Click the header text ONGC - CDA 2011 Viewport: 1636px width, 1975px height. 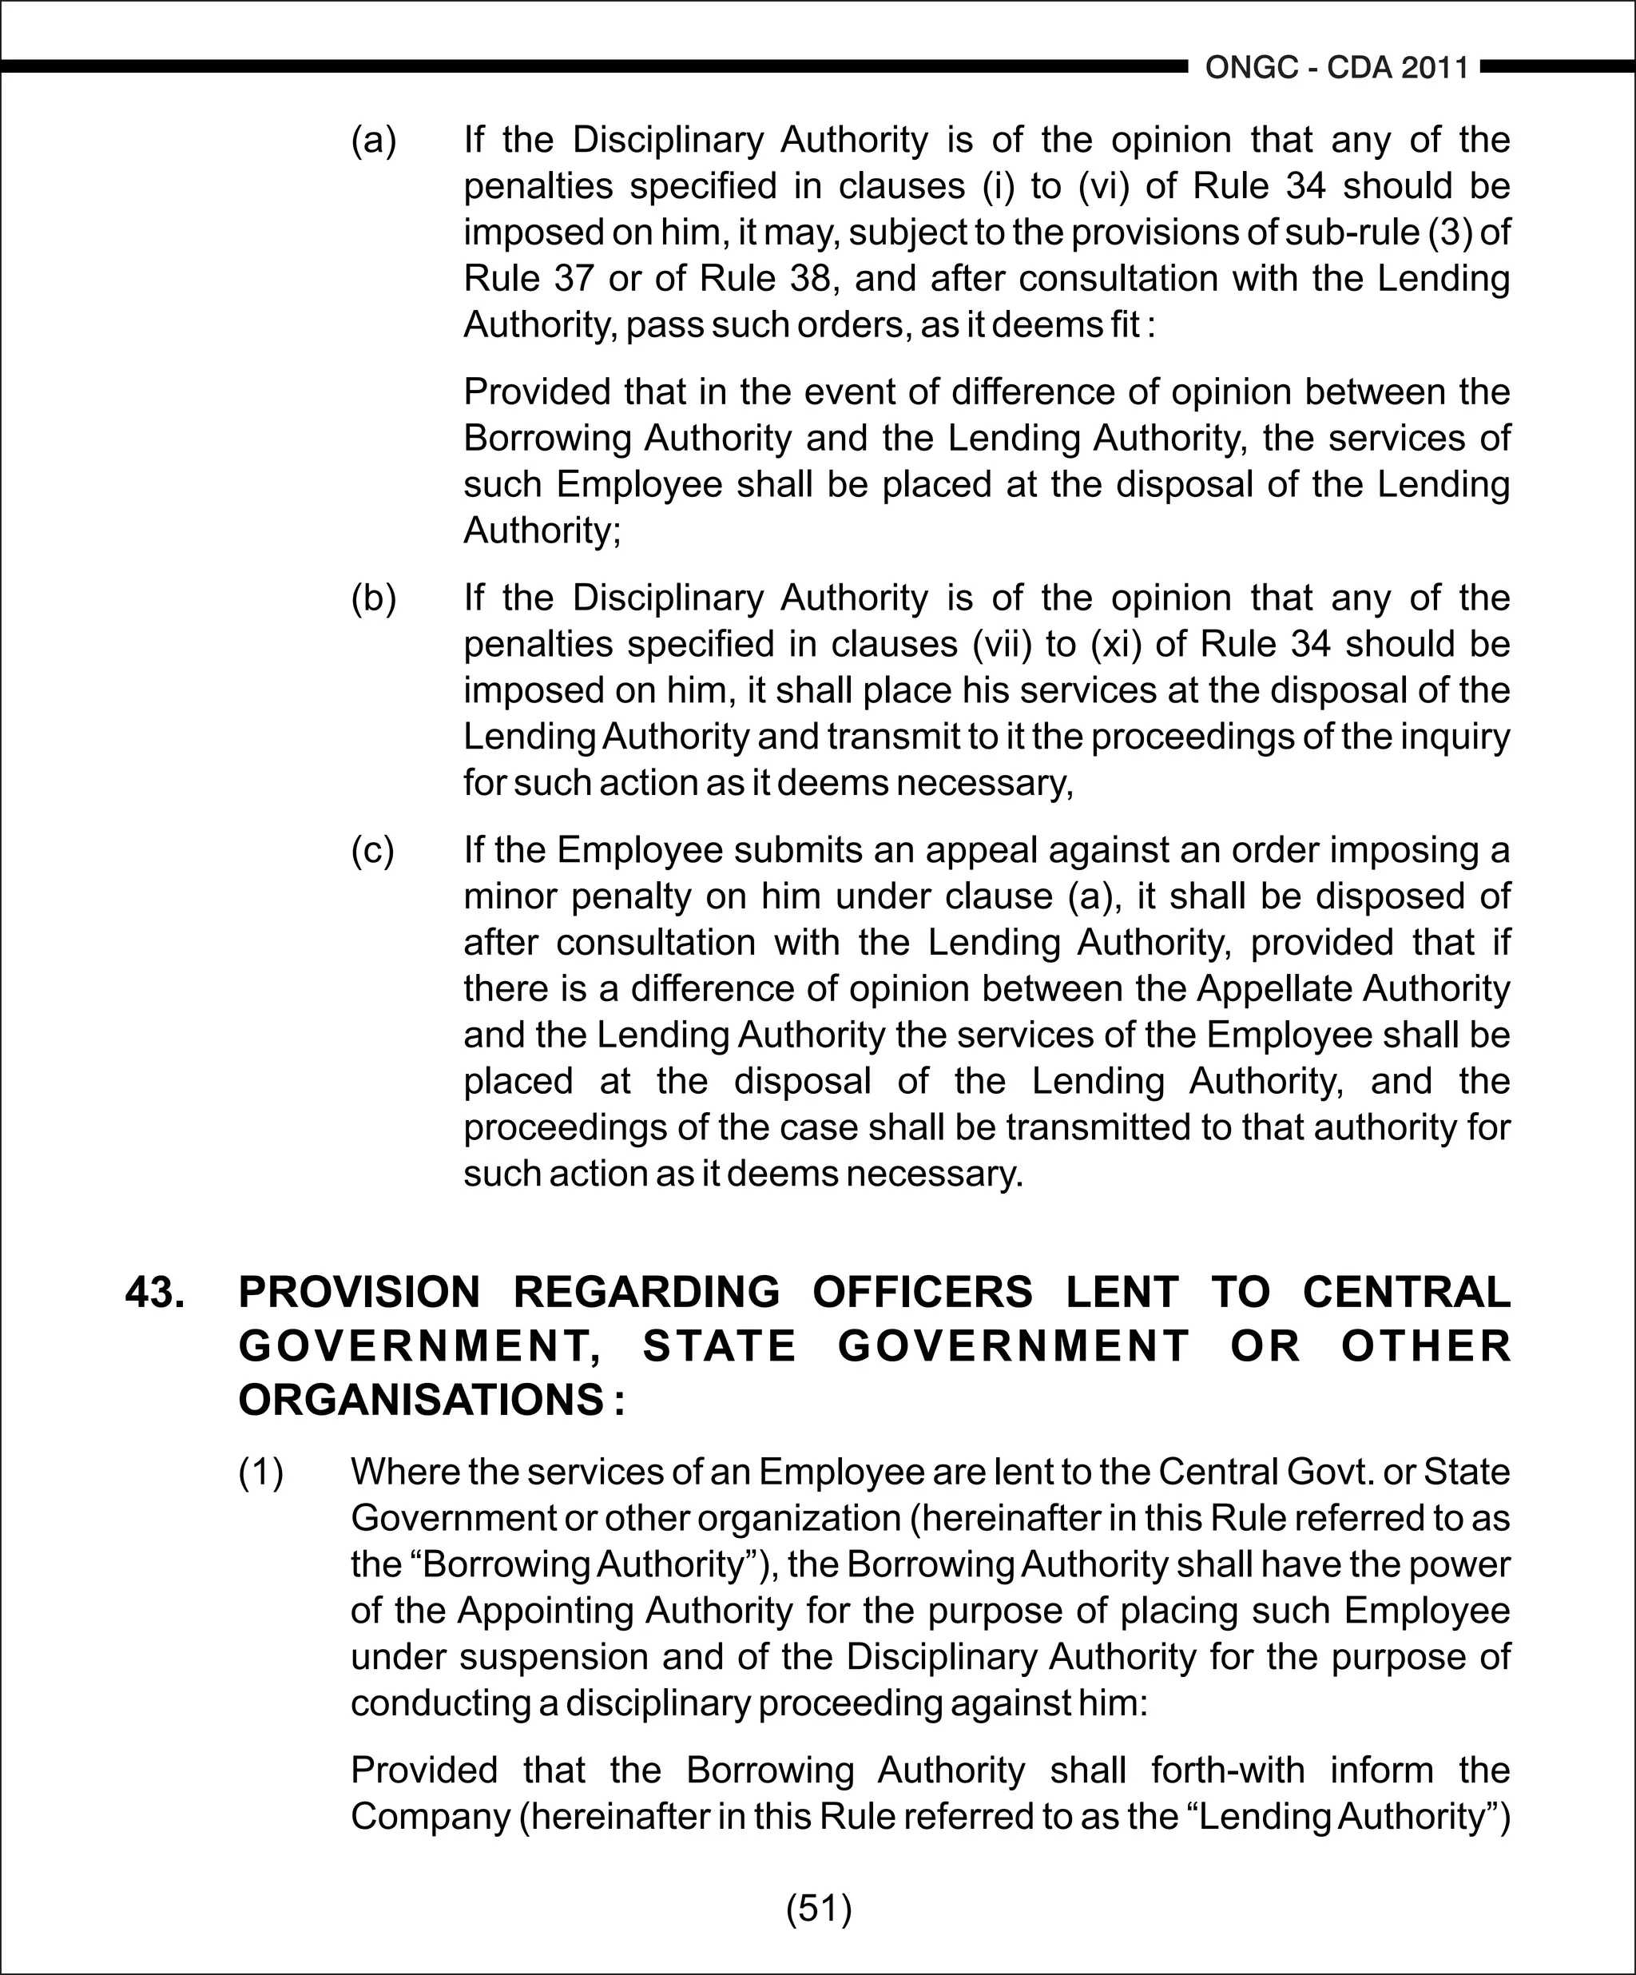1336,68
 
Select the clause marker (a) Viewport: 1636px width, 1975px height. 373,140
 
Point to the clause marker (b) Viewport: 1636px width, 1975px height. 373,598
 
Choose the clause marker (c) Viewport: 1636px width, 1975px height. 373,849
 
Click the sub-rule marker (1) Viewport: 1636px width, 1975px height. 260,1472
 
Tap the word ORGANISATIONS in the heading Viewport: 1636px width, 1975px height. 420,1401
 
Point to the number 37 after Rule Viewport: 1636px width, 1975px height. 567,278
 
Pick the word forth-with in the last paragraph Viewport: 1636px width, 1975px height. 1227,1770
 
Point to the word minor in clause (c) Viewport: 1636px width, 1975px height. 509,896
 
